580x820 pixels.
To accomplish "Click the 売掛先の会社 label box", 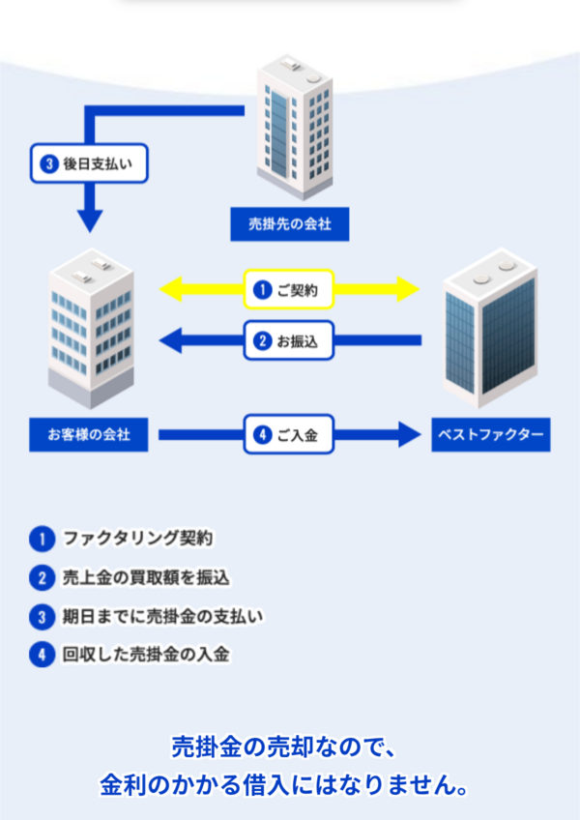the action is coord(290,223).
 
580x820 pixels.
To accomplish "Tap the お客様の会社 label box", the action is coord(88,434).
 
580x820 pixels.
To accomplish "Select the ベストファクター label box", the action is coord(490,434).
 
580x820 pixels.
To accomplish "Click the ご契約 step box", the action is coord(289,289).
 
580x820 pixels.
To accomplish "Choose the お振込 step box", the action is coord(289,340).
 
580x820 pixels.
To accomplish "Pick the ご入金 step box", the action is coord(289,434).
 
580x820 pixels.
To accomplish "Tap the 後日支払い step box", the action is coord(89,163).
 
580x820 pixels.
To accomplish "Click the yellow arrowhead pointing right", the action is coord(409,289).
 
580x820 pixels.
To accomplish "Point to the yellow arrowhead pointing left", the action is coord(170,289).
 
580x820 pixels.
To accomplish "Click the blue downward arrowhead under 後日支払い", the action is coord(90,221).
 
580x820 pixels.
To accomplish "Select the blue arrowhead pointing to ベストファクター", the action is coord(410,434).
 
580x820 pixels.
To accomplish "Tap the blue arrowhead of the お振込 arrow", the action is coord(170,340).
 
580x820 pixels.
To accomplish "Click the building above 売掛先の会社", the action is coord(295,127).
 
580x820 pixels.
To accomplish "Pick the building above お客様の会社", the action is coord(91,329).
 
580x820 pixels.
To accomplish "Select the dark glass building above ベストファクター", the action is coord(490,328).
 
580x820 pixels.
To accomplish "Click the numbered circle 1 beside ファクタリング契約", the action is coord(43,539).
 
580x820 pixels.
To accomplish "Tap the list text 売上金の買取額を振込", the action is coord(146,577).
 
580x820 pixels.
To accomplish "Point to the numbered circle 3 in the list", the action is coord(43,617).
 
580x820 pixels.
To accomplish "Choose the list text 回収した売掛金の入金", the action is coord(146,655).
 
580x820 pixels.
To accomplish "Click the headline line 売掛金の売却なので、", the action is coord(284,747).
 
